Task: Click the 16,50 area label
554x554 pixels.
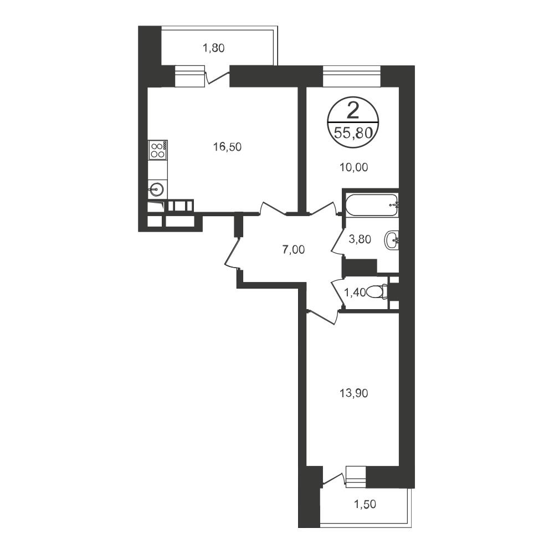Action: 227,147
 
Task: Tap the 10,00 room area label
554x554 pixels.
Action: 353,167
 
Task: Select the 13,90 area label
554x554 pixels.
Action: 353,393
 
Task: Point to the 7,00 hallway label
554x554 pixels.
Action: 293,250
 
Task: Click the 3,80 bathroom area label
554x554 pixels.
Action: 360,239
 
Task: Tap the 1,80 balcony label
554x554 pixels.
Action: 213,48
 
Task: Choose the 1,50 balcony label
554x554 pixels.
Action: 365,504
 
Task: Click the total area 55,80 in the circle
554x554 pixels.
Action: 353,133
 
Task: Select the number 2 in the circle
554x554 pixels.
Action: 353,111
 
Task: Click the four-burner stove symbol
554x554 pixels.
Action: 157,150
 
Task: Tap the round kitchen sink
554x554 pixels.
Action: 156,189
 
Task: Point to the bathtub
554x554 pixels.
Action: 372,206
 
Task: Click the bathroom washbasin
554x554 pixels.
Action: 392,240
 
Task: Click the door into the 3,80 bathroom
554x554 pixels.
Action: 337,241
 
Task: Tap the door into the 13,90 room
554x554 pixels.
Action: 322,316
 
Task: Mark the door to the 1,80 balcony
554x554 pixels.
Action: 218,77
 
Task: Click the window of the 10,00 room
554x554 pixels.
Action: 352,76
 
